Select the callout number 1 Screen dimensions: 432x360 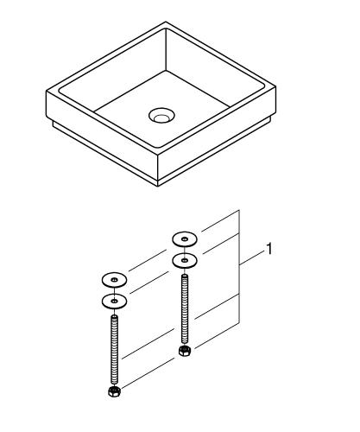(x=270, y=249)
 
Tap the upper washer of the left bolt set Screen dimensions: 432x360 (x=113, y=279)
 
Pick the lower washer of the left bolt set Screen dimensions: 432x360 (x=113, y=301)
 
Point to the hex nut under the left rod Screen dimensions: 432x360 (x=113, y=394)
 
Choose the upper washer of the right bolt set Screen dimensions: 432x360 (x=184, y=238)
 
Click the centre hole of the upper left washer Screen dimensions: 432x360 (x=113, y=279)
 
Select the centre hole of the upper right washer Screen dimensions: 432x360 (x=184, y=238)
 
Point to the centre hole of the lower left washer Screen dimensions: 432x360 (x=113, y=301)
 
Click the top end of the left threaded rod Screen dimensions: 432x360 (x=113, y=319)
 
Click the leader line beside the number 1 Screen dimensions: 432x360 (x=253, y=255)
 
